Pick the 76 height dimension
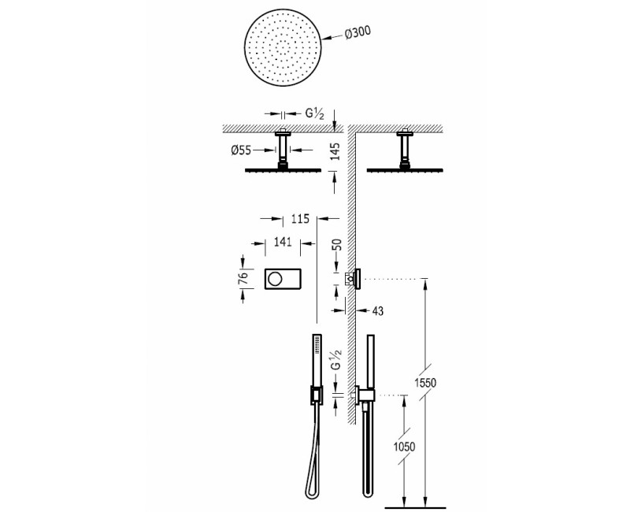(244, 278)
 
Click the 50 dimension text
(339, 246)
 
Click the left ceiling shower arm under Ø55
(283, 150)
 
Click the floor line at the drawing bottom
(417, 502)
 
